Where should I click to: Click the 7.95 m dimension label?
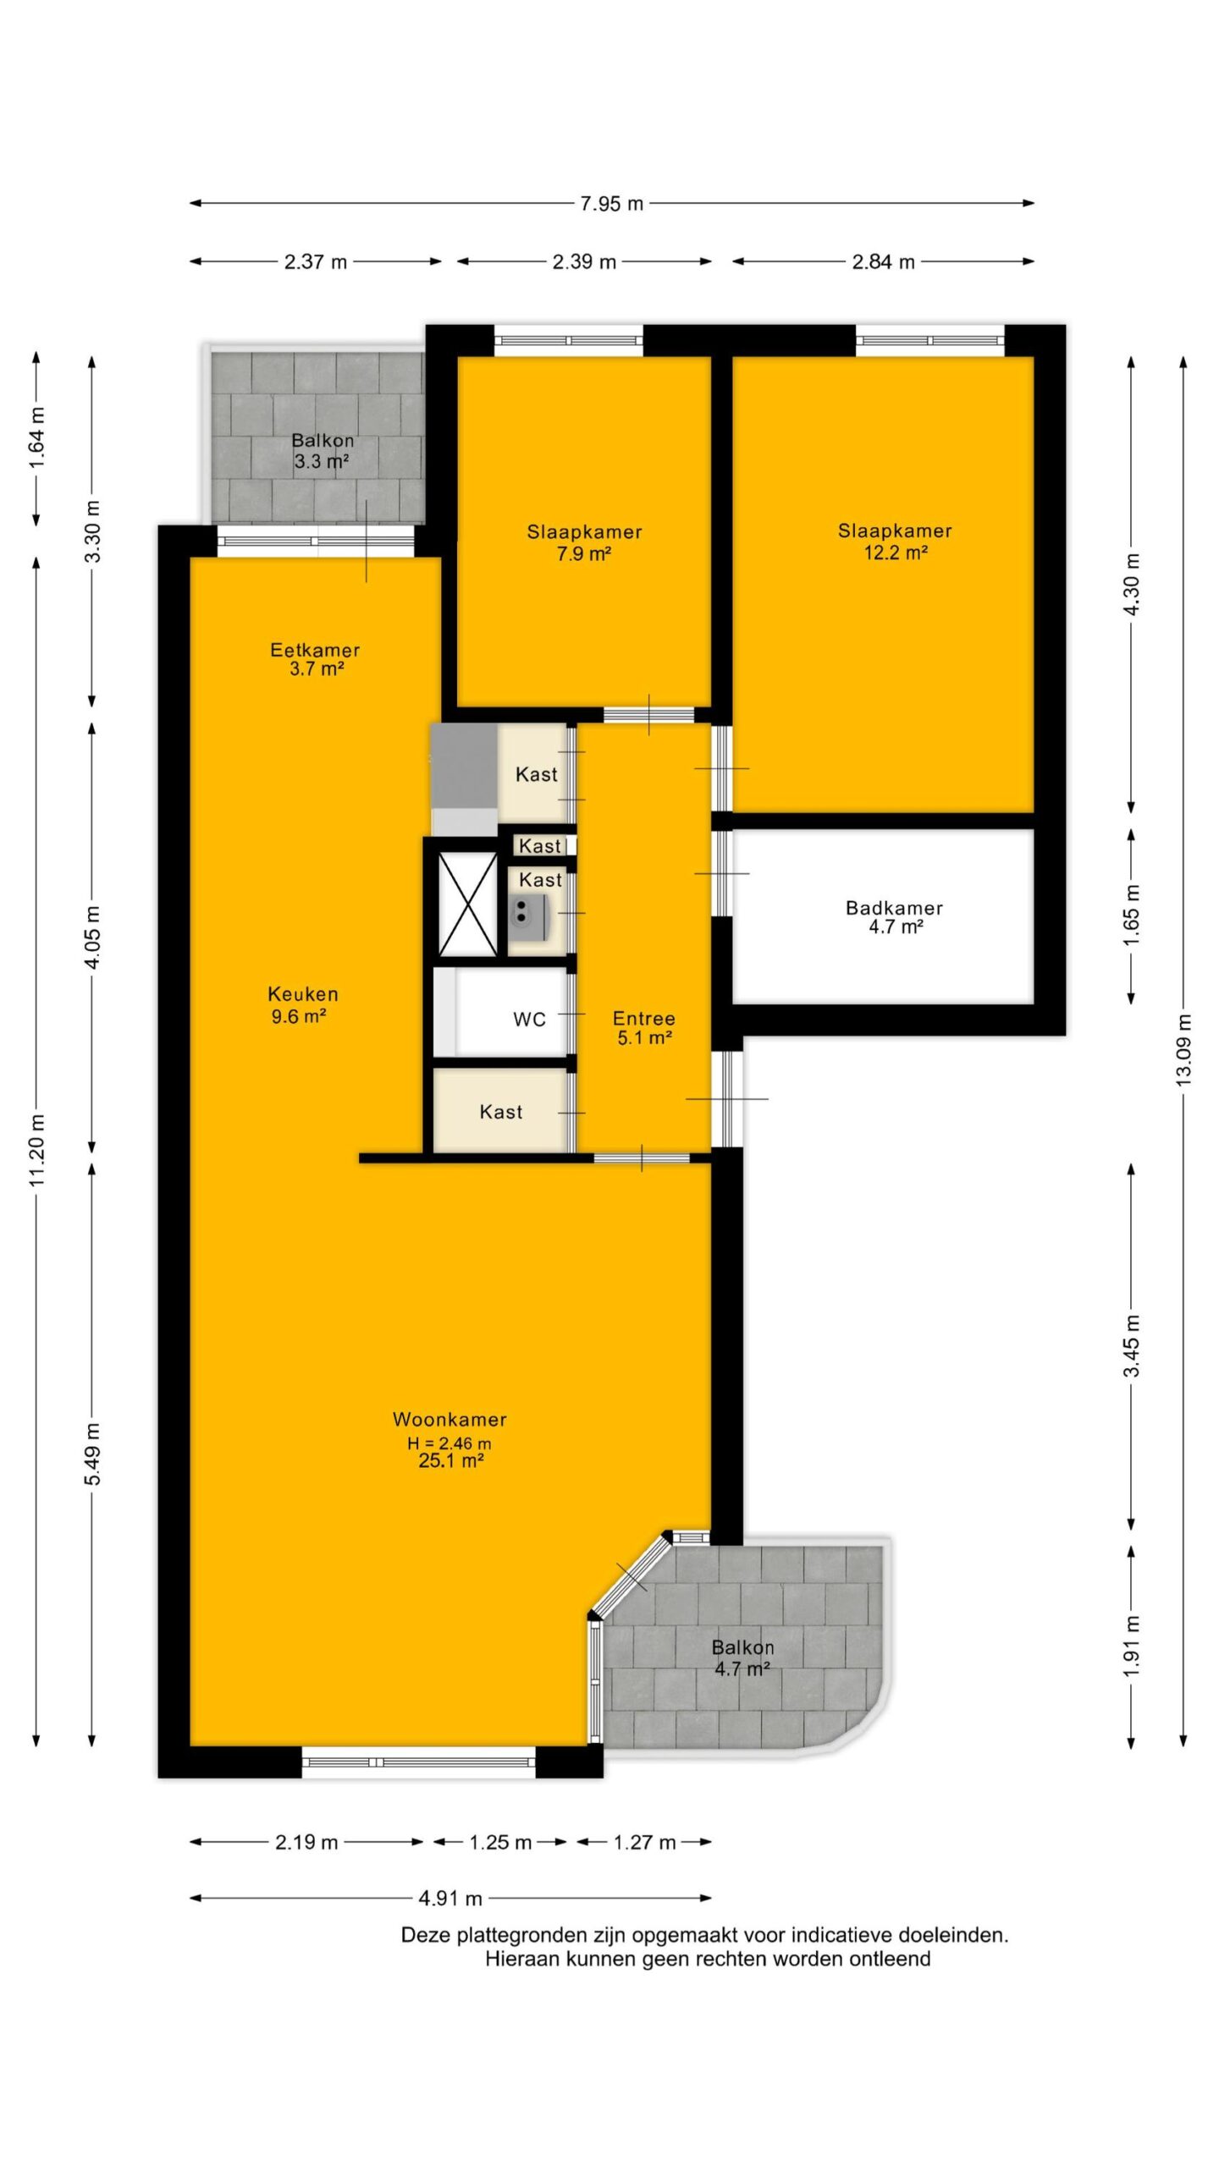pos(611,204)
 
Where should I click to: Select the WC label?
pos(529,1020)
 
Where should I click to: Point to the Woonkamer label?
pos(450,1420)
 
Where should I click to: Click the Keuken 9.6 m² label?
pos(302,1005)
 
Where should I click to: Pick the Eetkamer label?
pos(315,650)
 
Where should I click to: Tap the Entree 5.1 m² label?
pos(643,1028)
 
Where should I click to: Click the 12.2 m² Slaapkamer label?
pos(895,541)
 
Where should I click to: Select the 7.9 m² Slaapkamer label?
pos(584,542)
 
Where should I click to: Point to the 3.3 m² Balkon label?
pos(322,451)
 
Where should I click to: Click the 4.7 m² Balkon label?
pos(742,1657)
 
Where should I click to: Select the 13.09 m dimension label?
pos(1183,1049)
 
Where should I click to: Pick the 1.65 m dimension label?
pos(1131,915)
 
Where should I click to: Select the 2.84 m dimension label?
pos(883,262)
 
